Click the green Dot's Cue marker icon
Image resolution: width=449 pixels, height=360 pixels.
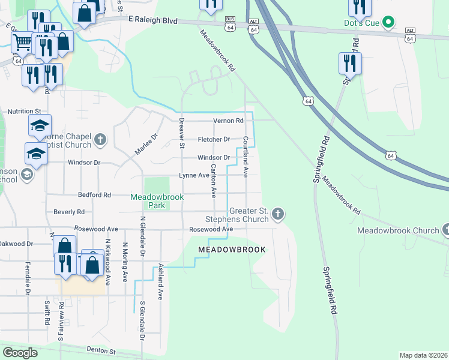coord(388,23)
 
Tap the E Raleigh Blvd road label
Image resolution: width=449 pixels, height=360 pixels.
coord(153,20)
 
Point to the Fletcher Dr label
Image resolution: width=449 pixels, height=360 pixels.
coord(214,139)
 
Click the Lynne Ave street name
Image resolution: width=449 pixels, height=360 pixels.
coord(194,175)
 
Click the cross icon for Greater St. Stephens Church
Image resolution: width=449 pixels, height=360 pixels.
coord(277,213)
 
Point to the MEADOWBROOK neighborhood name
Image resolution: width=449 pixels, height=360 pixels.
coord(232,249)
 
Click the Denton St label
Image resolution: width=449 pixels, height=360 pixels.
coord(100,350)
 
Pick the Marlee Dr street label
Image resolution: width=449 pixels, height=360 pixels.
coord(145,145)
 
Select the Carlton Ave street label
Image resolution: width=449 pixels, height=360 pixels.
coord(212,180)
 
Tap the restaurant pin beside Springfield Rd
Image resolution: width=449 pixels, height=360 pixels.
coord(349,63)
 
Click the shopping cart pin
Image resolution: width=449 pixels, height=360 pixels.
coord(22,42)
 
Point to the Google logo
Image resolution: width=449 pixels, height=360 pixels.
coord(20,353)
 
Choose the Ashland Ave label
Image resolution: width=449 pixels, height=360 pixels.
coord(161,282)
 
